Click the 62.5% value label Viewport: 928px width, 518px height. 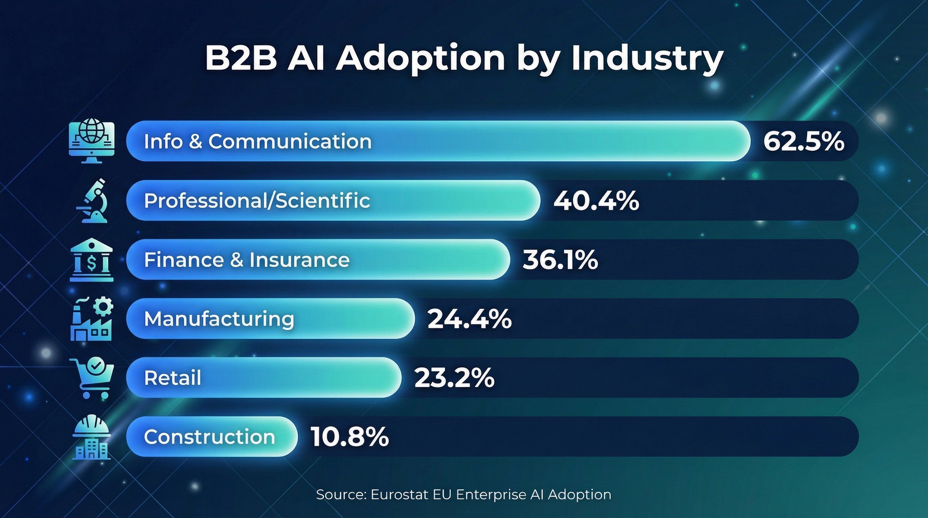803,141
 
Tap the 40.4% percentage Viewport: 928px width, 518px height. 596,201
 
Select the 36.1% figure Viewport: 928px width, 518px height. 560,260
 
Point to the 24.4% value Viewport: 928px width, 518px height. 469,319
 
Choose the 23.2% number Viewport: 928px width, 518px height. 454,378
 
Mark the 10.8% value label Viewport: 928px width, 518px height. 349,437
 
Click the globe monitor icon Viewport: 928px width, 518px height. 91,142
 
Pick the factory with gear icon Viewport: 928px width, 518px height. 91,319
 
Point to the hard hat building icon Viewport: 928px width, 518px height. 91,438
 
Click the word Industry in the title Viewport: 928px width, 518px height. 647,58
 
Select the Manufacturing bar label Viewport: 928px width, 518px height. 219,319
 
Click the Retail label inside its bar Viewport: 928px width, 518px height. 172,378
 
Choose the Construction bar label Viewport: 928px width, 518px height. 209,437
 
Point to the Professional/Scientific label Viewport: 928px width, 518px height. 257,201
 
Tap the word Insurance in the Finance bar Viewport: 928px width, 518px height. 299,260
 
